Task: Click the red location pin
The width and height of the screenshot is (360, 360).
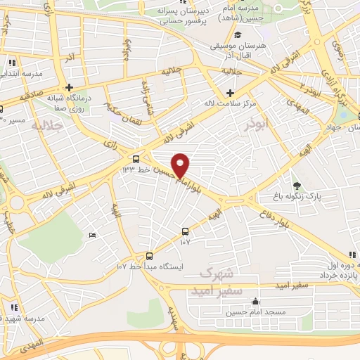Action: tap(181, 165)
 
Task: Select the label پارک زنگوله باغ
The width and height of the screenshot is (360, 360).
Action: tap(297, 198)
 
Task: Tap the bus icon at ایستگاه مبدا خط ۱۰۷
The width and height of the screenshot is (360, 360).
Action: tap(149, 255)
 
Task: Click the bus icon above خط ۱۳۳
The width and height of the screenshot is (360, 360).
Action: tap(136, 158)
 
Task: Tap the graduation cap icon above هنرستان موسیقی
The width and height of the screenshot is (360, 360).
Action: tap(238, 34)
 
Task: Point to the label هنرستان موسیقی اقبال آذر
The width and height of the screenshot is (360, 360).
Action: tap(237, 49)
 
